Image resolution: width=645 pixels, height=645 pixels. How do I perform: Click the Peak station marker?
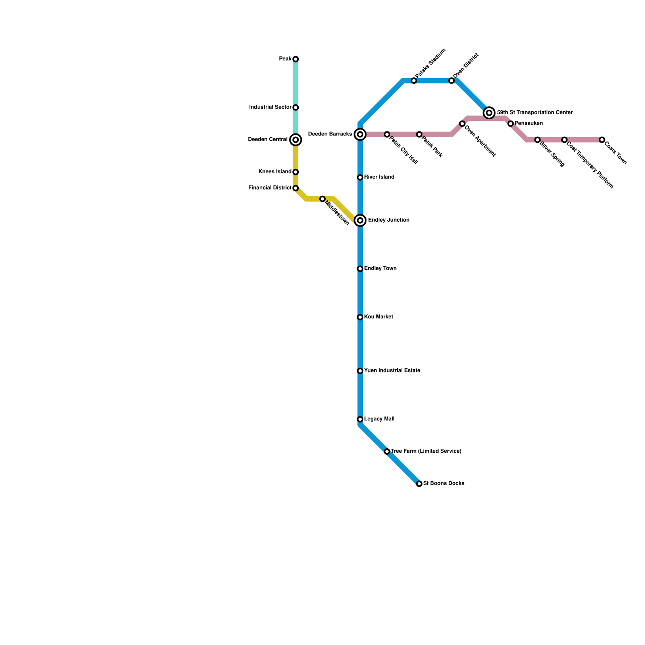pos(295,59)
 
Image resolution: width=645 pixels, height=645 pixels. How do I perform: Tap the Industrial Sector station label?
pos(270,107)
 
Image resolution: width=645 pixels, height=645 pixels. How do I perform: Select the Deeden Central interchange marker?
pos(295,140)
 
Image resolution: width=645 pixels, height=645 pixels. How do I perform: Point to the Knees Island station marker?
pos(295,172)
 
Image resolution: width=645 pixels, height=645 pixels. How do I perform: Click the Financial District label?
pos(270,188)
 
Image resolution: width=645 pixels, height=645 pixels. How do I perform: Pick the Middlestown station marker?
pos(322,199)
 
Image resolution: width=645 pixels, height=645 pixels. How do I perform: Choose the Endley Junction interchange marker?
pos(360,221)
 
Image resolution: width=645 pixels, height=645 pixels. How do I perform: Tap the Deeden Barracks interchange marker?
pos(360,134)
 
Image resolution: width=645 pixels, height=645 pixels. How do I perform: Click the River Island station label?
pos(379,177)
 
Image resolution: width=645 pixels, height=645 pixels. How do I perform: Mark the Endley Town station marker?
pos(360,269)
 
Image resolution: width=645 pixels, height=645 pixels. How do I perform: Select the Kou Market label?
pos(378,317)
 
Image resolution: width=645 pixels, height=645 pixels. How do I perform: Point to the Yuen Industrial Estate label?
pos(392,370)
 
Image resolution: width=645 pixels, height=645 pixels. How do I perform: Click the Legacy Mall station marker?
pos(360,419)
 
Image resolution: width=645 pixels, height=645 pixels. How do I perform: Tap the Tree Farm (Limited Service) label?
pos(426,451)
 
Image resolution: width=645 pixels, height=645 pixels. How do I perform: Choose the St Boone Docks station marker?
pos(419,484)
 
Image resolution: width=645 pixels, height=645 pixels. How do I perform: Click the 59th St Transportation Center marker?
pos(489,113)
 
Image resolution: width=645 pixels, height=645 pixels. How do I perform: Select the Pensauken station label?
pos(528,123)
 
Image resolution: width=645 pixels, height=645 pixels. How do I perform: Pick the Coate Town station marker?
pos(602,140)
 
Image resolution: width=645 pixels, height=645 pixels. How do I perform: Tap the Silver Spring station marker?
pos(537,140)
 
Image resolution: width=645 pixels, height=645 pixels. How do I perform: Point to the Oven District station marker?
pos(451,81)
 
